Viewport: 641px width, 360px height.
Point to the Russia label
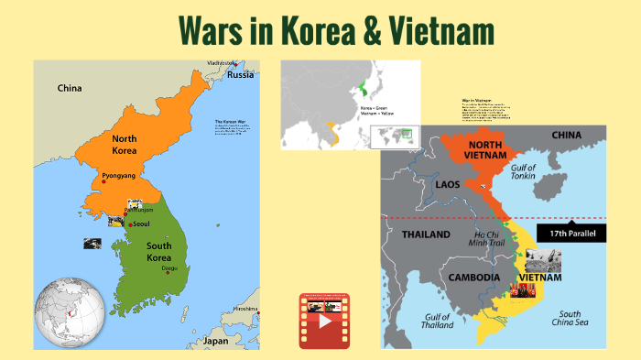pos(241,75)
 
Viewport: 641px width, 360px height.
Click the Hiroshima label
pos(245,309)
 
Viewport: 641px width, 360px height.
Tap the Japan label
pos(215,340)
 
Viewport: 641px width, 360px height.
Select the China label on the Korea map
pos(70,89)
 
